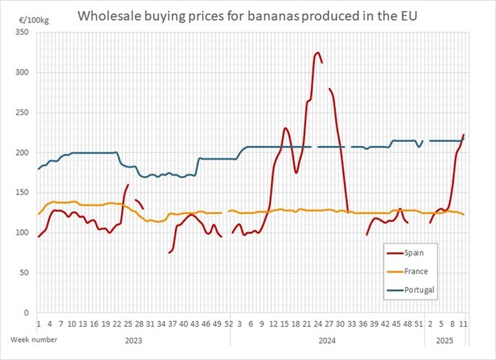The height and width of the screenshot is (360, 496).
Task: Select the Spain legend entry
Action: [416, 253]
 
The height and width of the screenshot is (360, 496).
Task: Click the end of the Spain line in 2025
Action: [464, 136]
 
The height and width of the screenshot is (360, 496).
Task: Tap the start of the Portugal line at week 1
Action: [39, 169]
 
